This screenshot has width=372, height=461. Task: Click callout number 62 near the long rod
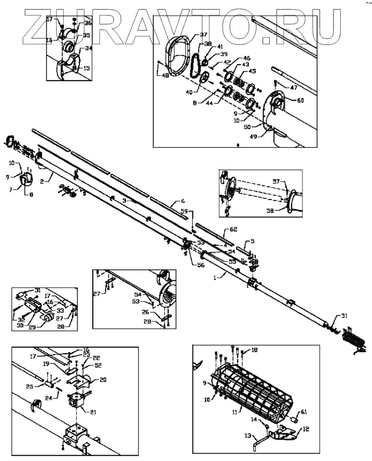coord(234,229)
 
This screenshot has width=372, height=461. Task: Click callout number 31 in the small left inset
coord(37,289)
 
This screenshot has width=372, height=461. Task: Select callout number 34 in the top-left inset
coord(89,48)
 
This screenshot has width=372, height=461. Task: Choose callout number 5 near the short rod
coord(252,241)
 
